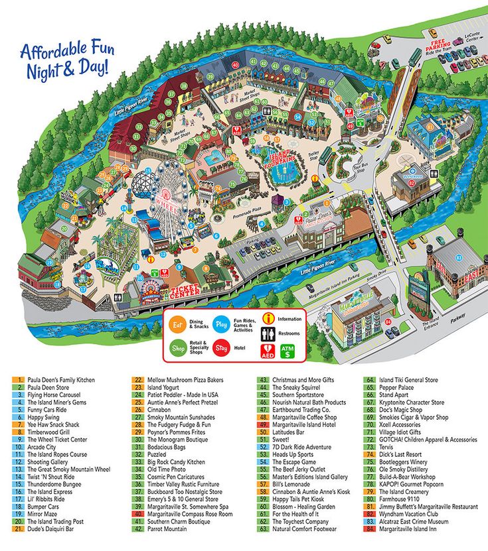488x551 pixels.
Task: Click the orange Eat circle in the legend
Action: click(x=177, y=325)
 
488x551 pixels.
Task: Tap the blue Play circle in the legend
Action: click(x=222, y=325)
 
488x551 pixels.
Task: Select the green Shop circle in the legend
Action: click(x=177, y=347)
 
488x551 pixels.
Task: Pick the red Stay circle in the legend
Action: click(x=222, y=347)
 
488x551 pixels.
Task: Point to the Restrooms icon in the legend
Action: click(x=268, y=334)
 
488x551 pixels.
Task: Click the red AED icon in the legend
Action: click(x=268, y=350)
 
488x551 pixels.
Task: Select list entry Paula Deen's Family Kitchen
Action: click(x=61, y=381)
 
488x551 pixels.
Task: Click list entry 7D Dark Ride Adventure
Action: click(x=301, y=447)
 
